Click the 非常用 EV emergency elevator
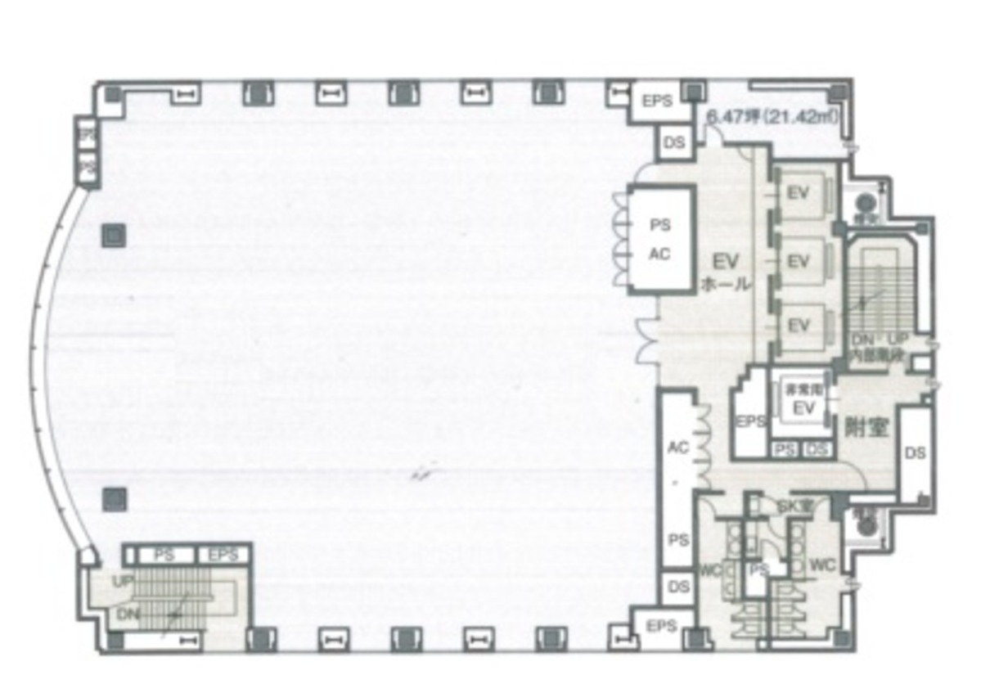pyautogui.click(x=802, y=400)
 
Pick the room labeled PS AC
pyautogui.click(x=660, y=239)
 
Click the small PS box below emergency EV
pyautogui.click(x=785, y=449)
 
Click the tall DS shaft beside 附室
pyautogui.click(x=916, y=452)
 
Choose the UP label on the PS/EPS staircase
pyautogui.click(x=123, y=580)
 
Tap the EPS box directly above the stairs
pyautogui.click(x=222, y=556)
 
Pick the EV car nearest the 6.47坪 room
pyautogui.click(x=798, y=194)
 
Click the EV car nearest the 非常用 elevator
pyautogui.click(x=798, y=325)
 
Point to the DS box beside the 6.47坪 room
pyautogui.click(x=674, y=143)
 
